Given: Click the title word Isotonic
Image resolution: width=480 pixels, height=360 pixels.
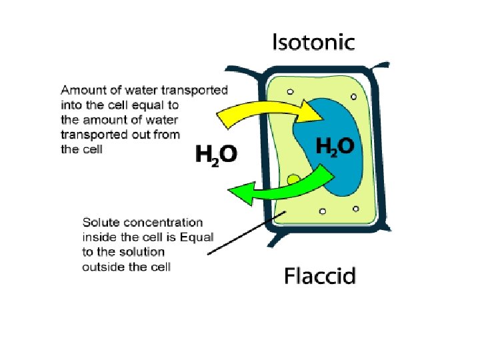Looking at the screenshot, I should [313, 42].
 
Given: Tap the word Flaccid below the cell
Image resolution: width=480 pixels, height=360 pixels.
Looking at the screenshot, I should [320, 275].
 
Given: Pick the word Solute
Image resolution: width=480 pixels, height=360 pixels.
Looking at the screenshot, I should [97, 223].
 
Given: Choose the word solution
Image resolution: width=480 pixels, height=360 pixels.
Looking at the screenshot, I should [143, 253].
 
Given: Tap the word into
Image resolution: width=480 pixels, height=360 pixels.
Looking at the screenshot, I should [70, 105].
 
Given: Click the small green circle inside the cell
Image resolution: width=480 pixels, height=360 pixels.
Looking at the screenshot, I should [293, 179].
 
